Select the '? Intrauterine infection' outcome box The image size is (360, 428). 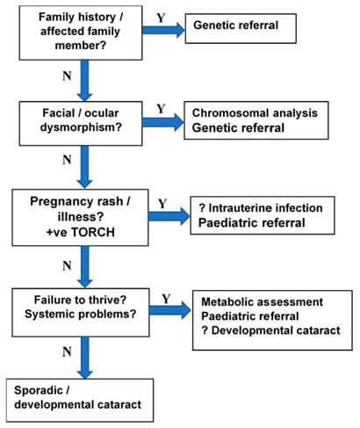[263, 214]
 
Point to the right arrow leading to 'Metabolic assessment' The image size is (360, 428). [167, 310]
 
